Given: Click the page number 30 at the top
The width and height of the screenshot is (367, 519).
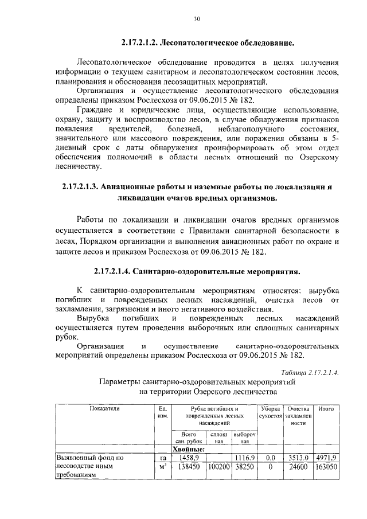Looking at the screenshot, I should (x=196, y=19).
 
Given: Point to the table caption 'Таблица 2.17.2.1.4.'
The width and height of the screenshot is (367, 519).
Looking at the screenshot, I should (x=306, y=372).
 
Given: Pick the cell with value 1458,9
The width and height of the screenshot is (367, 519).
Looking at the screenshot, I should (x=189, y=458).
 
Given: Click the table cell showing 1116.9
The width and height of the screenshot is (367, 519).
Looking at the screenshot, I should (x=245, y=458).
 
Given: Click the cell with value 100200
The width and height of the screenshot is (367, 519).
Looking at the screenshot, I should (x=218, y=467).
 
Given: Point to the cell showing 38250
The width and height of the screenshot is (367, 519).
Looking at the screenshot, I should (x=245, y=467).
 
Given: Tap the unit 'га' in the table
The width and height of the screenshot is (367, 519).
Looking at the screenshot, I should (x=162, y=458).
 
